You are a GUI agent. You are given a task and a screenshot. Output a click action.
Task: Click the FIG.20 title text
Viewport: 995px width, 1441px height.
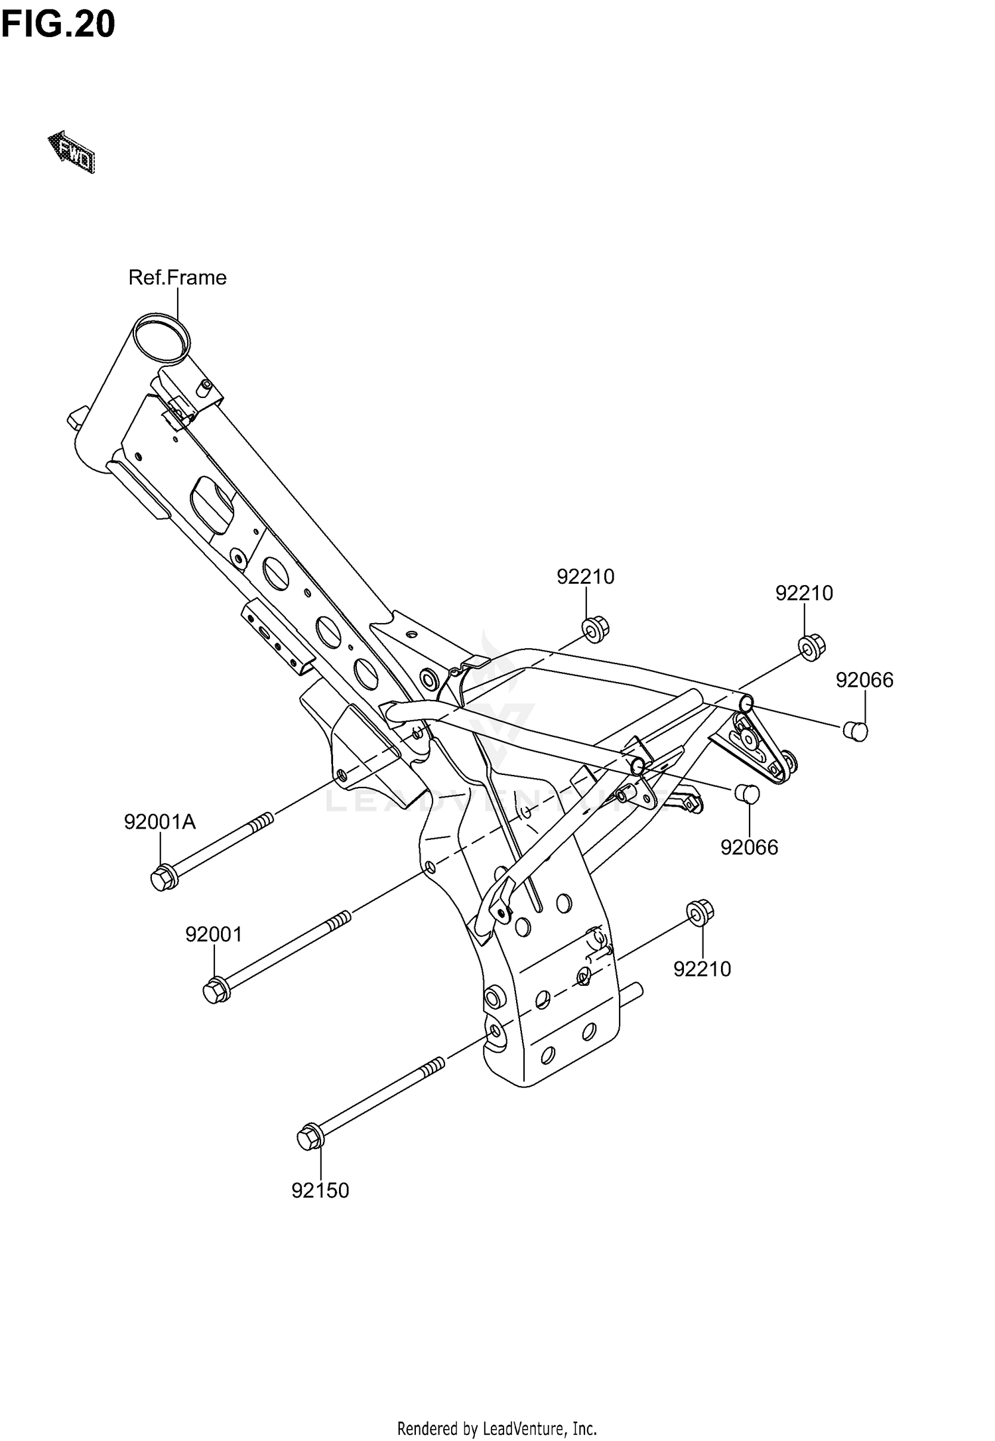(58, 25)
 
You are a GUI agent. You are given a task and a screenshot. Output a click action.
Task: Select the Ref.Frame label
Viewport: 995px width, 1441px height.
(177, 277)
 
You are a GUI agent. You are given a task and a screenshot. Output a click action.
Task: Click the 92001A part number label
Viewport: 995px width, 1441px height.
(160, 823)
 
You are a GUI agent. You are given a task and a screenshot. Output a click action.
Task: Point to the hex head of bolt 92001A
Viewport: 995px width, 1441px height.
(161, 878)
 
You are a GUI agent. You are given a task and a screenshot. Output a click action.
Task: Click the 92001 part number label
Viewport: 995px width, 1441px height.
(214, 935)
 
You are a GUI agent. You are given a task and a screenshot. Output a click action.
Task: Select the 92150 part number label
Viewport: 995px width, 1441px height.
(320, 1191)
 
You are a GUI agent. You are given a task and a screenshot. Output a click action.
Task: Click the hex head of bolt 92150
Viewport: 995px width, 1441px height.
(309, 1138)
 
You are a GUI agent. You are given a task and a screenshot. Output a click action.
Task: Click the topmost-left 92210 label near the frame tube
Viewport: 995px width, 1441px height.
(585, 577)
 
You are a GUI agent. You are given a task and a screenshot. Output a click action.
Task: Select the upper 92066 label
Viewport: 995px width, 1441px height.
(864, 680)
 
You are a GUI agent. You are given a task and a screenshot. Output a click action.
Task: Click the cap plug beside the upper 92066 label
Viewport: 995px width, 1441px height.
(856, 731)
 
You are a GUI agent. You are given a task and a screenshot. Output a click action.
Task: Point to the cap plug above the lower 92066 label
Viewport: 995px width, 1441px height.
(746, 793)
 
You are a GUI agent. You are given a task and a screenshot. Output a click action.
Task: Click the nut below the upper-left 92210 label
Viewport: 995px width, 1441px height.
(595, 628)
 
